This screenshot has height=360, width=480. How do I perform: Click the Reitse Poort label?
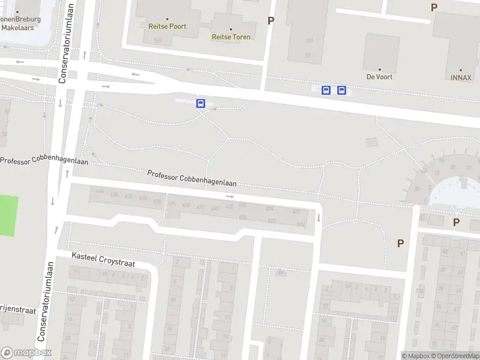click(x=167, y=26)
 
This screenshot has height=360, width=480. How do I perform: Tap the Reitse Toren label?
click(x=231, y=37)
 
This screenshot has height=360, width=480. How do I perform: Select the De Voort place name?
click(x=379, y=77)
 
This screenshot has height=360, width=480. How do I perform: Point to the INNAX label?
click(x=461, y=77)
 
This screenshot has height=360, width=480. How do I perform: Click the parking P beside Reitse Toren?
click(x=271, y=21)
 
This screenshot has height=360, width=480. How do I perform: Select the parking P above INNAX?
click(x=434, y=7)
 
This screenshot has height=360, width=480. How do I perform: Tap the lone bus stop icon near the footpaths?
click(x=201, y=103)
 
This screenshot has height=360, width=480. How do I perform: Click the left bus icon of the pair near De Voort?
click(x=326, y=91)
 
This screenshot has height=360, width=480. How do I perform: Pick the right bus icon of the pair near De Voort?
click(x=342, y=91)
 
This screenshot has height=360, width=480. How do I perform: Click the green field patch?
click(x=8, y=215)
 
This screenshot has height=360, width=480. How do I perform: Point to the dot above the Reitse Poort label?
click(x=167, y=19)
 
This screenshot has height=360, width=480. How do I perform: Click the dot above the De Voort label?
click(x=379, y=69)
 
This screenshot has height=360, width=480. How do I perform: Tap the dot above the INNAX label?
click(x=461, y=70)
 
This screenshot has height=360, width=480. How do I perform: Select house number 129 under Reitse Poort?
click(x=158, y=41)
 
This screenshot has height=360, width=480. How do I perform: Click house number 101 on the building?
click(x=309, y=41)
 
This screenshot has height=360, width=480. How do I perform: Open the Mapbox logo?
click(x=26, y=353)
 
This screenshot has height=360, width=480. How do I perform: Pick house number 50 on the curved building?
click(x=442, y=160)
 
